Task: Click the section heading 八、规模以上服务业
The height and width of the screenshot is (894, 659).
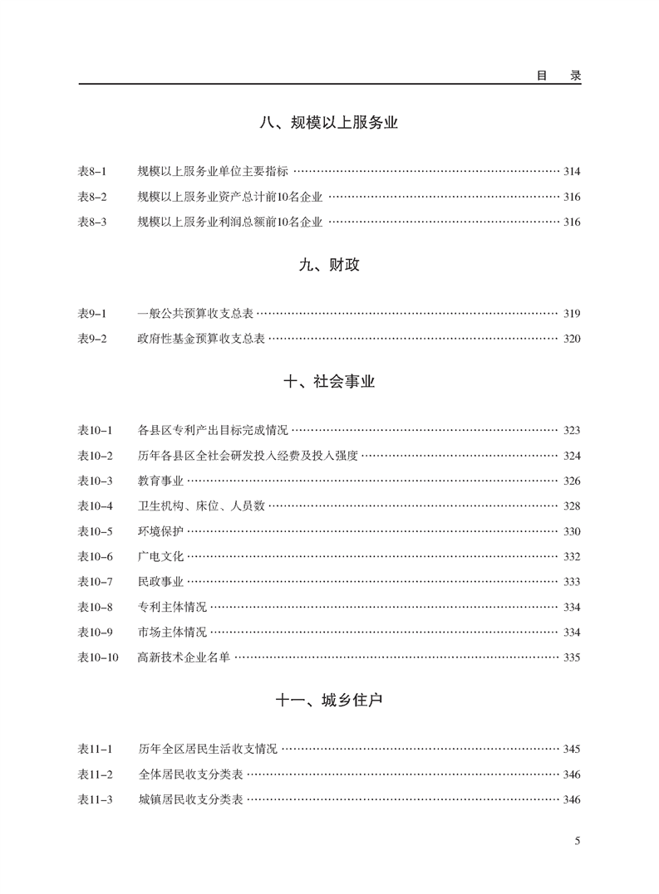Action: click(x=329, y=124)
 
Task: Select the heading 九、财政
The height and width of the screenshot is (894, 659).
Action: click(x=329, y=266)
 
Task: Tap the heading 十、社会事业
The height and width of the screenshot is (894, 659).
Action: click(x=329, y=382)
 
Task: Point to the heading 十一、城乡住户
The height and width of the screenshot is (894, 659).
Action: click(x=329, y=701)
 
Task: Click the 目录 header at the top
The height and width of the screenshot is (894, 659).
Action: click(x=558, y=75)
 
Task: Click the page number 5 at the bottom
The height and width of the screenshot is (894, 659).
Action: click(x=577, y=841)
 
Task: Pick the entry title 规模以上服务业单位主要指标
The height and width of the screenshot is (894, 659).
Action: click(x=213, y=172)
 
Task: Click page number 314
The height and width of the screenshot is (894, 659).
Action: click(x=572, y=172)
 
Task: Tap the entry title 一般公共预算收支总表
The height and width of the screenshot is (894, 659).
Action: click(x=195, y=314)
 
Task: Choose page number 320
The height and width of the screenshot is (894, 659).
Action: click(x=572, y=339)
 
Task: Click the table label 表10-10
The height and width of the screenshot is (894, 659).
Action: click(x=98, y=657)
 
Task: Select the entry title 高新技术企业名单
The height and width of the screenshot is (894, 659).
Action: click(x=184, y=657)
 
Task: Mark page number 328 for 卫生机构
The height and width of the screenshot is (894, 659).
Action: click(x=572, y=506)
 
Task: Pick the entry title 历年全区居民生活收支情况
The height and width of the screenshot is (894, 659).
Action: click(x=208, y=750)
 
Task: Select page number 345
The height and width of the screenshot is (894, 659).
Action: click(x=572, y=750)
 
